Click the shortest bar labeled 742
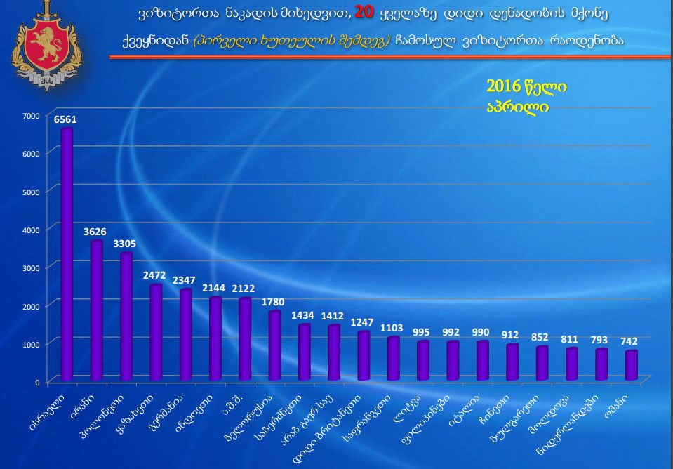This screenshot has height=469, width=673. [x=631, y=365]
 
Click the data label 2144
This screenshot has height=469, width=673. [x=213, y=288]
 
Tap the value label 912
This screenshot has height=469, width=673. [x=512, y=336]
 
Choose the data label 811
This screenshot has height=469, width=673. [x=571, y=338]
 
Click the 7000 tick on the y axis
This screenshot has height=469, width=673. [x=32, y=115]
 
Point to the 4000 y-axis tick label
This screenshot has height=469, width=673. [x=32, y=230]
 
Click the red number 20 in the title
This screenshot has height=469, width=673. [x=365, y=12]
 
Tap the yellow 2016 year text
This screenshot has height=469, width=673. [x=504, y=86]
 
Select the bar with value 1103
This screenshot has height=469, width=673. [x=393, y=358]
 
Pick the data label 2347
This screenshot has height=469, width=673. [x=184, y=281]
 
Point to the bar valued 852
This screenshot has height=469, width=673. [x=542, y=363]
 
